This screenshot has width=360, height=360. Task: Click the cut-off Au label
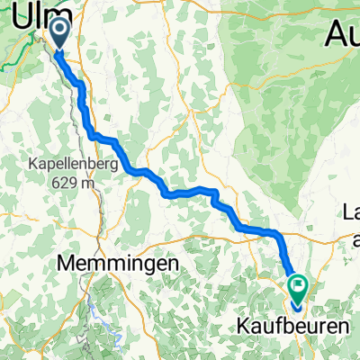342,37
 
